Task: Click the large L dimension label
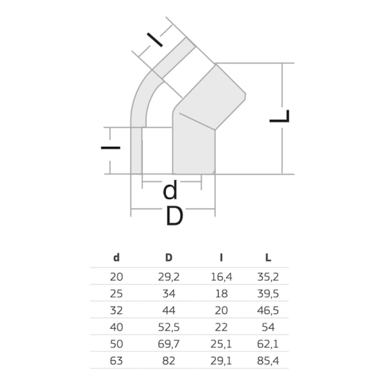coord(280,116)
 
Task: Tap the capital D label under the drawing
coord(175,216)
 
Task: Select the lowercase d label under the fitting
coord(170,190)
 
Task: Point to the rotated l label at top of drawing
coord(155,40)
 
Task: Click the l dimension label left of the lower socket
coord(110,148)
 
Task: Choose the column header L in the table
coord(268,258)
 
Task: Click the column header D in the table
coord(169,258)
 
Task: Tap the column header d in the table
coord(116,258)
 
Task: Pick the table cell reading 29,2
coord(169,277)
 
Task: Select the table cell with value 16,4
coord(221,277)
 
